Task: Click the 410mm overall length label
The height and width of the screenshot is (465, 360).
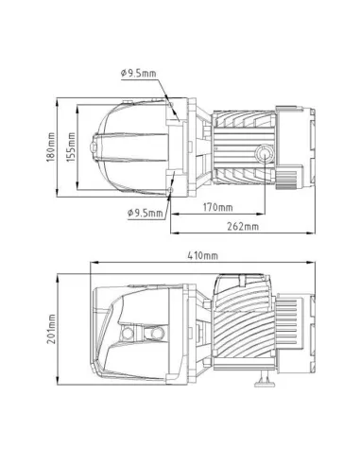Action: pos(203,256)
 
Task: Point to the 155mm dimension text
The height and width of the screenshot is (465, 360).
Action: pos(70,146)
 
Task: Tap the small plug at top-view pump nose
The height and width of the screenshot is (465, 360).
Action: pos(93,147)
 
